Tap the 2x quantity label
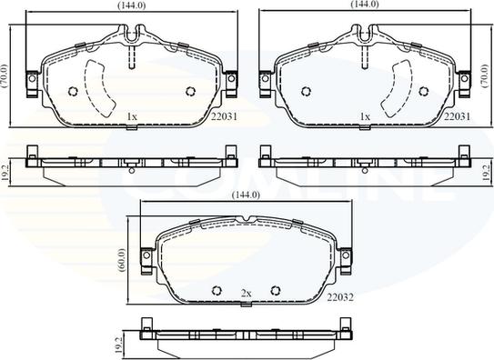[246, 292]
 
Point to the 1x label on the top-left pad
[131, 116]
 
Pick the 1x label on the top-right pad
[365, 116]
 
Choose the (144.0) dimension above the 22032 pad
[247, 195]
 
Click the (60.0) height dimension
[122, 259]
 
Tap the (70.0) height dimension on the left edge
[5, 74]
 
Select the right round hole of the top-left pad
[189, 90]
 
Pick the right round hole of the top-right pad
[422, 90]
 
